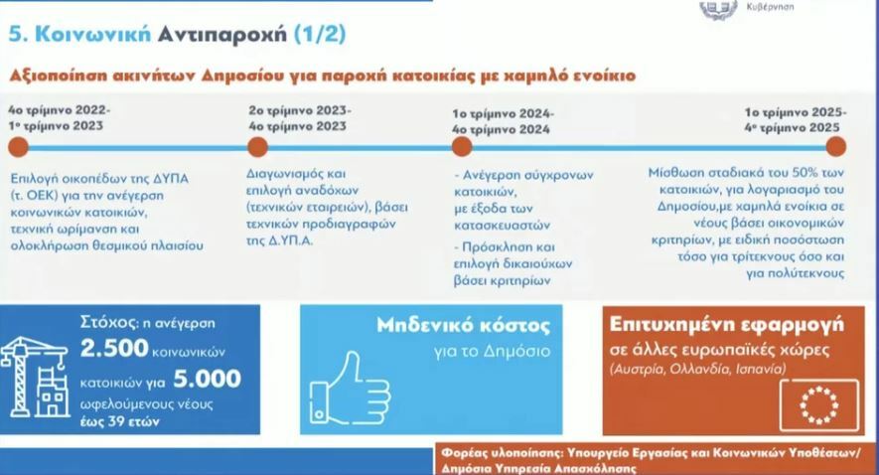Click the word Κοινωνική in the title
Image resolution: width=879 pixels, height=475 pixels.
(92, 33)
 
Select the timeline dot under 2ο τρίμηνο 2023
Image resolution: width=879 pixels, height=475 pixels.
(257, 147)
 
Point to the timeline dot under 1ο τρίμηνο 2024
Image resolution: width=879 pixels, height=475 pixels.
(461, 147)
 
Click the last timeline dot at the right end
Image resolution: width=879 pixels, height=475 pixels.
(835, 147)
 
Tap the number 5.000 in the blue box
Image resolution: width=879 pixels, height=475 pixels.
(207, 379)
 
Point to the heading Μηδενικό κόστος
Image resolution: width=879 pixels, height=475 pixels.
(463, 326)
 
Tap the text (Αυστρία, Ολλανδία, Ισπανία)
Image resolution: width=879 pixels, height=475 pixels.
(697, 369)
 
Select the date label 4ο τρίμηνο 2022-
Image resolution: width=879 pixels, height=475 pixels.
(59, 111)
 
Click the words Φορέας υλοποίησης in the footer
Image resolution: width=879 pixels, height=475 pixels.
(498, 450)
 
